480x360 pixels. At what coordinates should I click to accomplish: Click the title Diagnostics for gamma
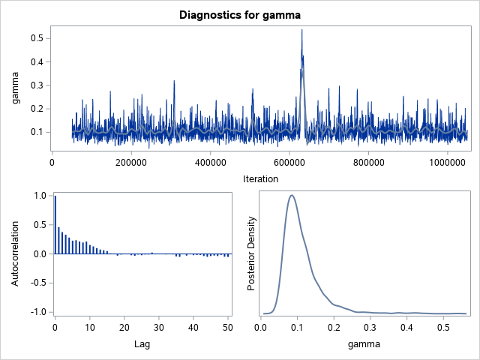(x=240, y=14)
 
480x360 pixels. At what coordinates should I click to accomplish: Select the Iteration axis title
(x=261, y=178)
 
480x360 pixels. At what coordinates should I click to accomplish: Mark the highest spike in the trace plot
(x=301, y=31)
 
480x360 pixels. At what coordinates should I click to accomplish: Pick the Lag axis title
(x=142, y=343)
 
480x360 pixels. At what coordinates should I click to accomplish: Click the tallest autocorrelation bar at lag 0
(x=55, y=224)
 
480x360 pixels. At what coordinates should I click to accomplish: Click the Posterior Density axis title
(x=252, y=253)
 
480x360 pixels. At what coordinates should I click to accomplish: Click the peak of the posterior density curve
(x=292, y=195)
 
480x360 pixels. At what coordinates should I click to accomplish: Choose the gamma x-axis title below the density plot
(x=364, y=343)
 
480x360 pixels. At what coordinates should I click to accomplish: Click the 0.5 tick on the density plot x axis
(x=444, y=327)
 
